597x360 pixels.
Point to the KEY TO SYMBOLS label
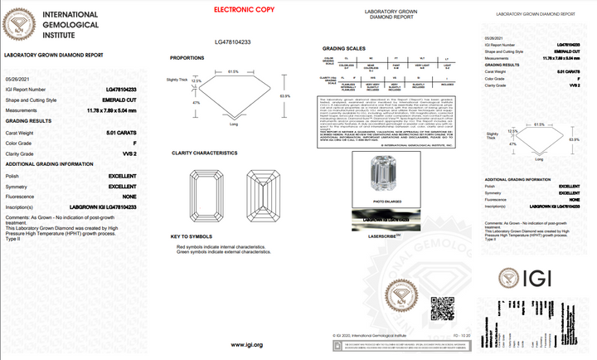coord(192,236)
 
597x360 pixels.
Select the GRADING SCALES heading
coord(342,48)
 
